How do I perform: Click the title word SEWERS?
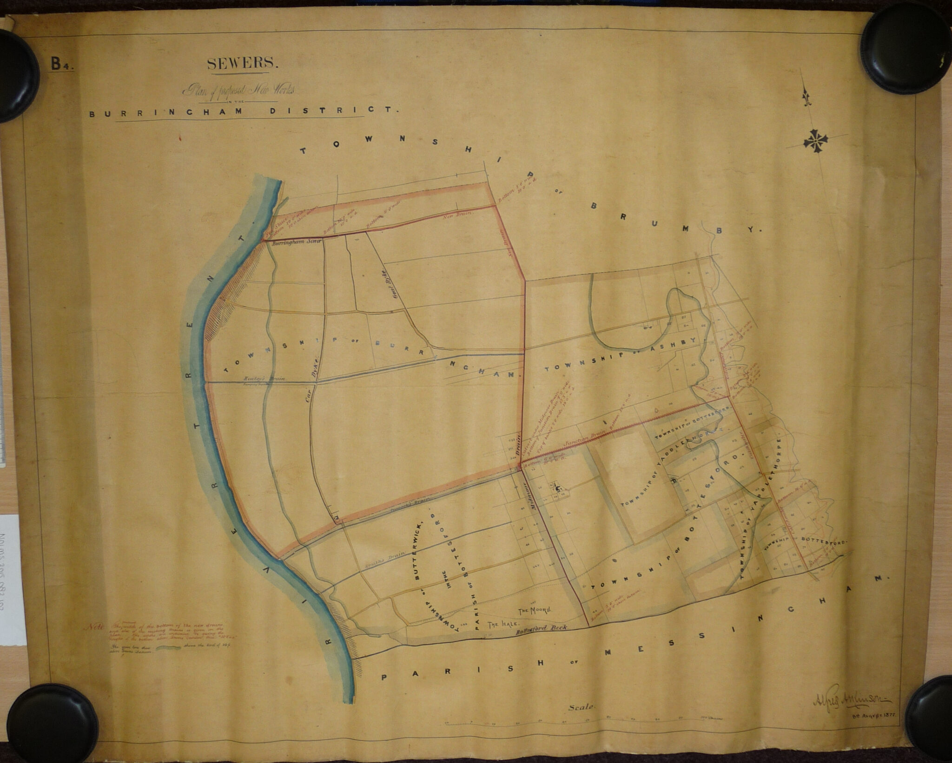tap(243, 64)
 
